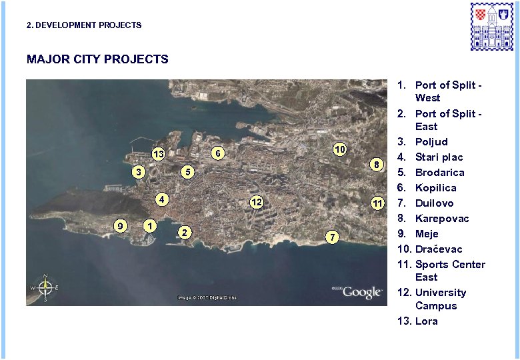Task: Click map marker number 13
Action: [159, 155]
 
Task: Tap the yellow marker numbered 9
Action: [119, 225]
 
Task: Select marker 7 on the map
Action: [335, 237]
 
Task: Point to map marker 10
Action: [339, 149]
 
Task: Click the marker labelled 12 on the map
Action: [256, 202]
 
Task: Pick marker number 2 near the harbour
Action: [184, 232]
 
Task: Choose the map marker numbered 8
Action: [377, 164]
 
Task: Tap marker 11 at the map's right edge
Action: [377, 203]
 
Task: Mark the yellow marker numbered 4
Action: [162, 199]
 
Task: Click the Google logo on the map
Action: [362, 292]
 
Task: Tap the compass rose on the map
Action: [45, 287]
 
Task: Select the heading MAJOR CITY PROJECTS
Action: [97, 59]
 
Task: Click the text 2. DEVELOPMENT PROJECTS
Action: [84, 25]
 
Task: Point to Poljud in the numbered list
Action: [431, 141]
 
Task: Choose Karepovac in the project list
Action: [441, 218]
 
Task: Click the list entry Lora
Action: [426, 321]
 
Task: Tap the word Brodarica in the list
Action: [439, 172]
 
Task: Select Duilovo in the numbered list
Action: [434, 203]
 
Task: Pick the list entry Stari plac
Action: [439, 157]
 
